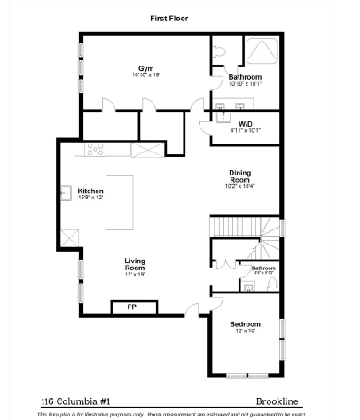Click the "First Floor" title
[169, 18]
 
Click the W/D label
[246, 124]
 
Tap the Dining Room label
[239, 178]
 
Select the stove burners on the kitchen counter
[96, 150]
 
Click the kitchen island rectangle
[119, 202]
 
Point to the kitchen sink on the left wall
[66, 192]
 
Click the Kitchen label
[90, 191]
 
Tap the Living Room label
[135, 263]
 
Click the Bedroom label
[246, 324]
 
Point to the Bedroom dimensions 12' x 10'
[246, 331]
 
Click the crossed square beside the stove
[146, 150]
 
